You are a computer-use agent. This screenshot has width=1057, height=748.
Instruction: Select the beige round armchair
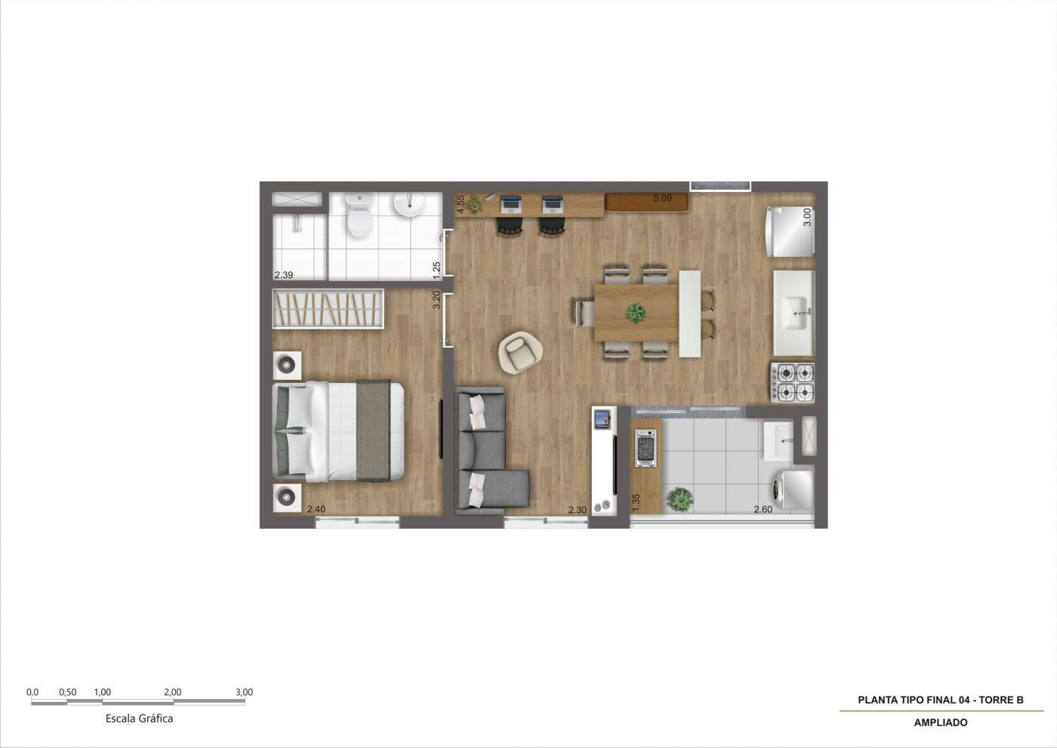520,352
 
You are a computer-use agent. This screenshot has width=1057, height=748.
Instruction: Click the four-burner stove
792,383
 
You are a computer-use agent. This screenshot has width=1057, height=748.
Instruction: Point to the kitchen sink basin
794,312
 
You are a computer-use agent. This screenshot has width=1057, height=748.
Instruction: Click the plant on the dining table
636,313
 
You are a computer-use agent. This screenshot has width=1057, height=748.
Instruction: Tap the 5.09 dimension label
663,198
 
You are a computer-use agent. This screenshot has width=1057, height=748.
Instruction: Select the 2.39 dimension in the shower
284,275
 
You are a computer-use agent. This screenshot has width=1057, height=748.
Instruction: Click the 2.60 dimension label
763,509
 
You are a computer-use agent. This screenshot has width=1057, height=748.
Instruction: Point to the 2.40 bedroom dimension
316,509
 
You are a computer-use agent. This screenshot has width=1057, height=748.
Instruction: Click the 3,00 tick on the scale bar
244,692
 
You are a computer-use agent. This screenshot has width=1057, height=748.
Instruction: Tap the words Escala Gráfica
139,719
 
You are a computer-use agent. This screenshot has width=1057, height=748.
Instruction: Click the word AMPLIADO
941,723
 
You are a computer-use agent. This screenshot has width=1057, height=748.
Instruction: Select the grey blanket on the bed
373,430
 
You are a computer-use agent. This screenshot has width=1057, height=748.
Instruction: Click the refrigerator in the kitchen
790,231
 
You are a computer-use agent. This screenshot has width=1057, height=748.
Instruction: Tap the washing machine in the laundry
792,487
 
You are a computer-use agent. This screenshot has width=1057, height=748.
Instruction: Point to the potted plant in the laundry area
680,499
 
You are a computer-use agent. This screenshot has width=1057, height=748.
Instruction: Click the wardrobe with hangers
328,308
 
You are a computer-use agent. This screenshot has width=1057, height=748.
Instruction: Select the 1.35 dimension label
636,502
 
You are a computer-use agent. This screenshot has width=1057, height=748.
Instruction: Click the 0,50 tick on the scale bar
67,692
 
